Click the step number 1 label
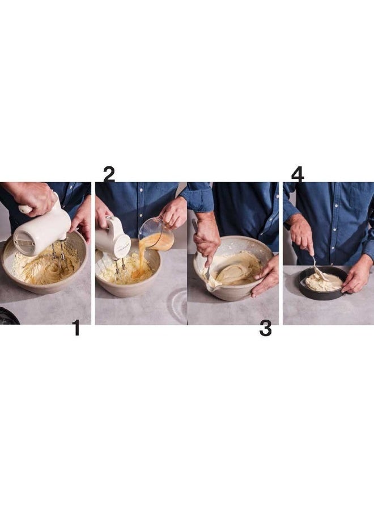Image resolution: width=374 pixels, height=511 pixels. (x=76, y=328)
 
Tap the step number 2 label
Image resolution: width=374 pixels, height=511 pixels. (x=108, y=174)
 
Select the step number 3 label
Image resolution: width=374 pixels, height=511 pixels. (x=265, y=328)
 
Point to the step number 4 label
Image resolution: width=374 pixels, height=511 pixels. (x=297, y=174)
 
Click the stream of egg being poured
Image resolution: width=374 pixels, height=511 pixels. (x=139, y=258)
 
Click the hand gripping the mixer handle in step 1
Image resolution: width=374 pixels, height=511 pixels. (x=34, y=196)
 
